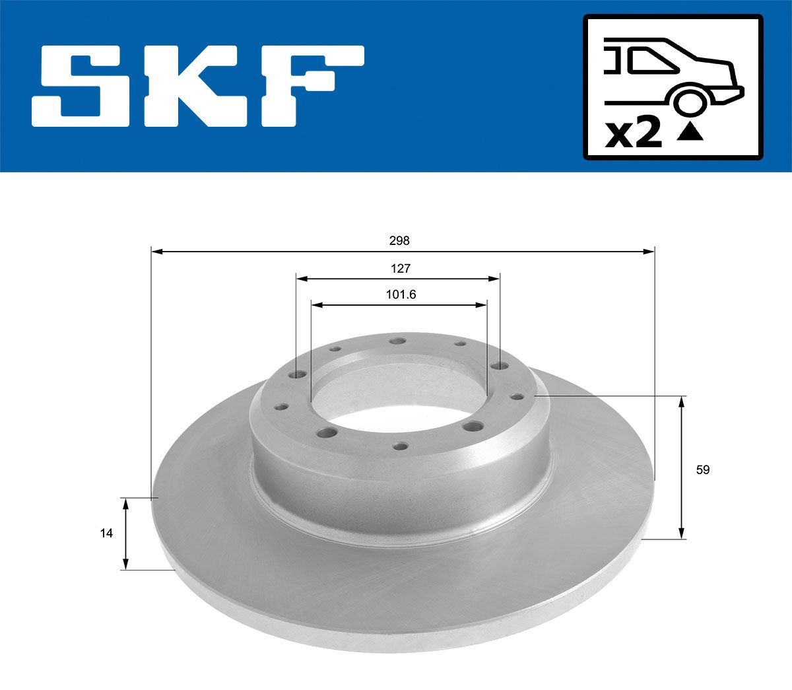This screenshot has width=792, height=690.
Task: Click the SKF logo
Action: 198,86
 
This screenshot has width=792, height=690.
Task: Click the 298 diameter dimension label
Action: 399,241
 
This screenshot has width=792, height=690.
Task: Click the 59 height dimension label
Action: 703,470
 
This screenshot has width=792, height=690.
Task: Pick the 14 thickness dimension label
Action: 106,533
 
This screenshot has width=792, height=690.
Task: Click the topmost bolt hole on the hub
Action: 397,341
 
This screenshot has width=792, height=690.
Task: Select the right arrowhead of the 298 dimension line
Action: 649,251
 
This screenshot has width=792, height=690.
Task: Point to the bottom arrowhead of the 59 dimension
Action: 682,534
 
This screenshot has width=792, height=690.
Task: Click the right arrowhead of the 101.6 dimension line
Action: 482,305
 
